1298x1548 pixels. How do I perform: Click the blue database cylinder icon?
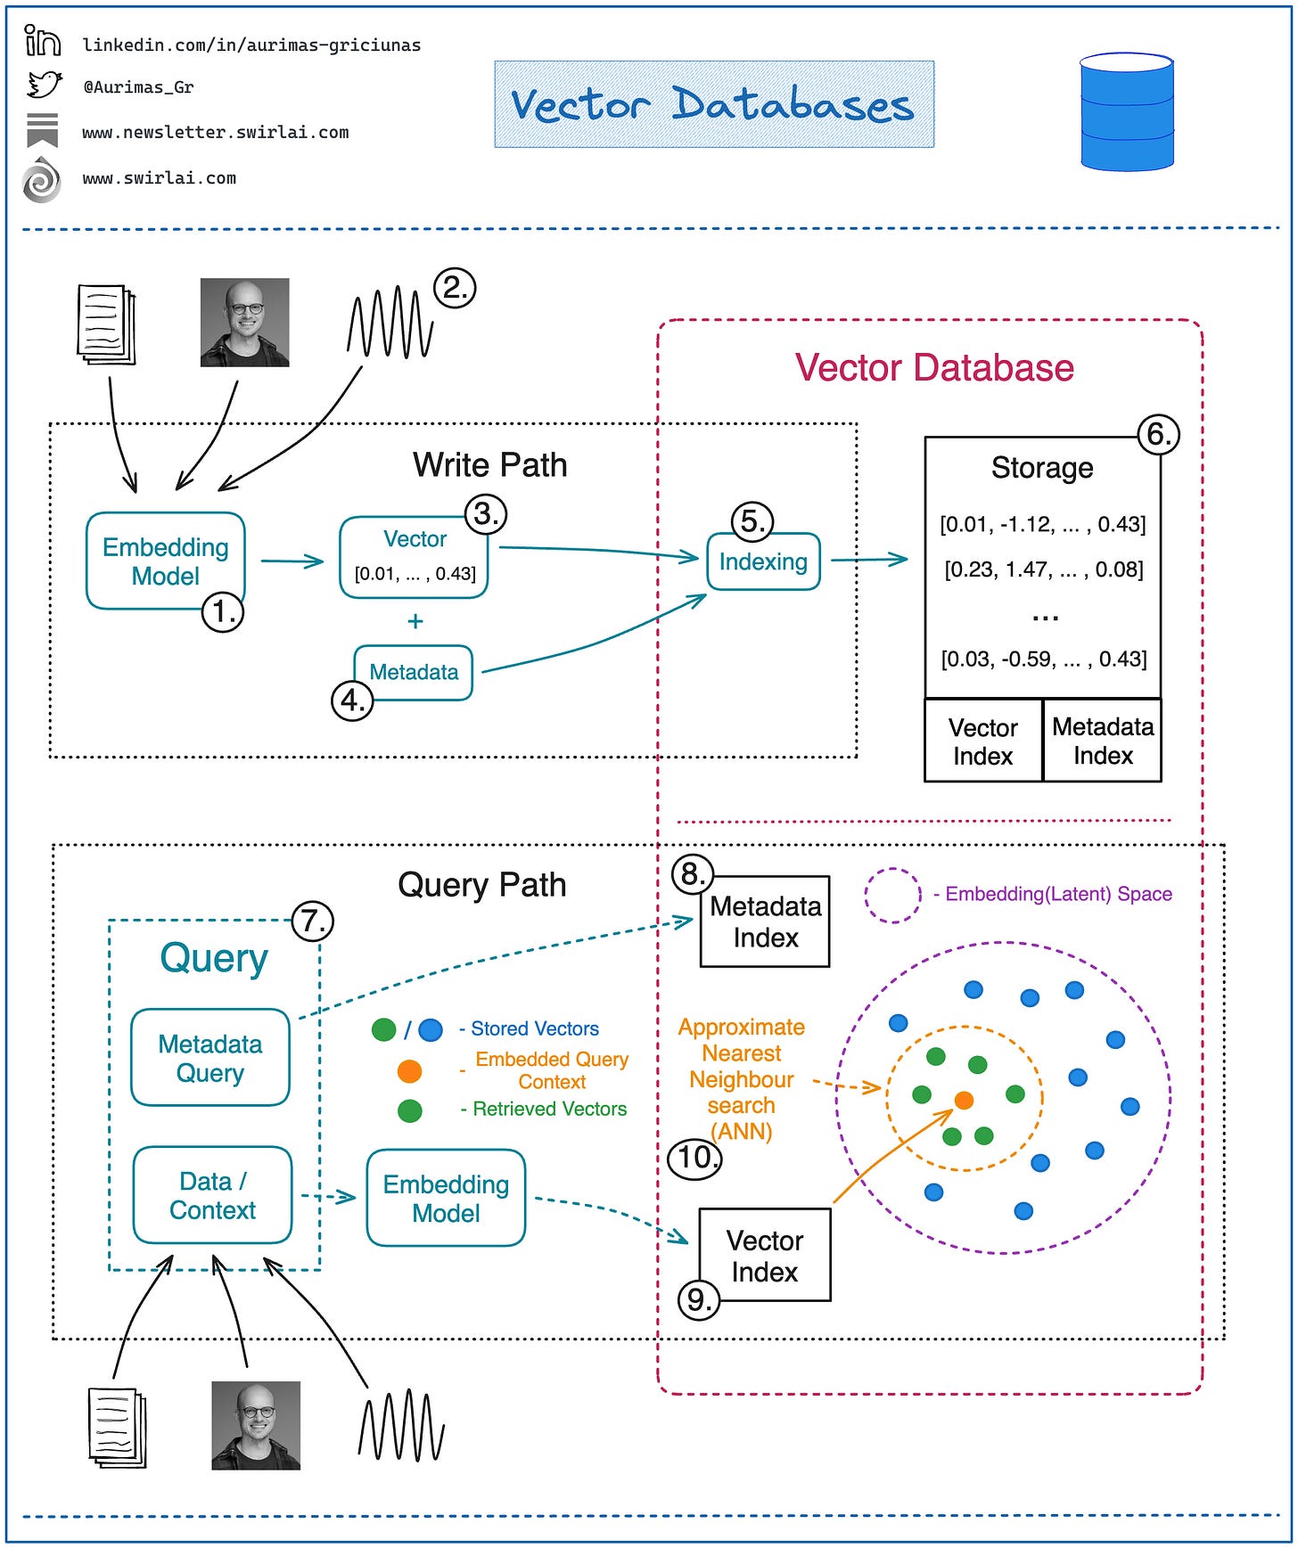point(1126,111)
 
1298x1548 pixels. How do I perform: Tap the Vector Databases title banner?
point(713,104)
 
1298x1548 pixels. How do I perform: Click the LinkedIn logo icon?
point(42,41)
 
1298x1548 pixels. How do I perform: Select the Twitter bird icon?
point(43,86)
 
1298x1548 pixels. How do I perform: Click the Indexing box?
point(763,561)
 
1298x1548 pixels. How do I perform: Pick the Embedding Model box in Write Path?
point(165,561)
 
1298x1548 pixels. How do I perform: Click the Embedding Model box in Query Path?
point(446,1198)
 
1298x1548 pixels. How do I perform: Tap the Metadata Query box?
point(210,1058)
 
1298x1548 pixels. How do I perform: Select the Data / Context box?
point(212,1195)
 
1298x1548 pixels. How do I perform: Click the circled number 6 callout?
point(1158,435)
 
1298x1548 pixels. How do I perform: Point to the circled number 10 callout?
point(694,1158)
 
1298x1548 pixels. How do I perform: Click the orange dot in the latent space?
point(964,1101)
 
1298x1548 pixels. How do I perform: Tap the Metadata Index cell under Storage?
point(1102,741)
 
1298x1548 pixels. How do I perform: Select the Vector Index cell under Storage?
point(982,741)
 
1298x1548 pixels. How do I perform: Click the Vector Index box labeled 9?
point(764,1255)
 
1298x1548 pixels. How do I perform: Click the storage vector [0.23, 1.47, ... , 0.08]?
point(1043,569)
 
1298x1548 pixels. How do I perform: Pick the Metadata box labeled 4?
point(414,672)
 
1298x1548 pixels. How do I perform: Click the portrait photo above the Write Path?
point(244,323)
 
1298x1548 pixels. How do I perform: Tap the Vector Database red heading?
point(933,368)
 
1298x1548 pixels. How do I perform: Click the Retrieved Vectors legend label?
point(549,1109)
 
